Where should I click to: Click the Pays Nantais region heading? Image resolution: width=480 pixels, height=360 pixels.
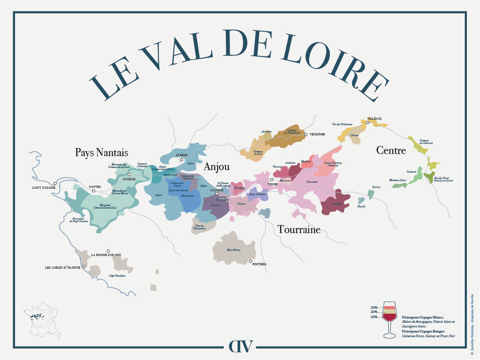(101, 152)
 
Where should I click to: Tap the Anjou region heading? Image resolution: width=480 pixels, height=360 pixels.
(217, 167)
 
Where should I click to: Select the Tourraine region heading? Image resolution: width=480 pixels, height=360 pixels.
(299, 230)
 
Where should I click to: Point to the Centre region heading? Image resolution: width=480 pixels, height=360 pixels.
(391, 150)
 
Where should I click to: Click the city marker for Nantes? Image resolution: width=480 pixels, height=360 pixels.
(94, 191)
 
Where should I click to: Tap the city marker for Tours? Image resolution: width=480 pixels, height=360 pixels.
(272, 180)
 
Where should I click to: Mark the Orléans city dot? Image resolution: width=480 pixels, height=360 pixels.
(368, 123)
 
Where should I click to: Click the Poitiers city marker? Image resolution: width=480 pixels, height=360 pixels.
(250, 261)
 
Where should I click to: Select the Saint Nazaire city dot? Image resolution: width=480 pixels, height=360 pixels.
(55, 184)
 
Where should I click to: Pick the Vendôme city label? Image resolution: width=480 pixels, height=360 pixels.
(317, 135)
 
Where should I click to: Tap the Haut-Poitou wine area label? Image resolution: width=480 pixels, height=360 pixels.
(233, 250)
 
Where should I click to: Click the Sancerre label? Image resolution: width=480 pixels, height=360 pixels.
(411, 172)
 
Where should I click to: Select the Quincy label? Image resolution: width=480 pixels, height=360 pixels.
(376, 187)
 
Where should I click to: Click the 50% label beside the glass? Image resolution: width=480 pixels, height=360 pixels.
(374, 317)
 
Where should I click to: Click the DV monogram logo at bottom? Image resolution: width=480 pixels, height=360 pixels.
(240, 346)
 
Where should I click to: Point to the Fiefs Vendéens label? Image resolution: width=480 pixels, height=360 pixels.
(117, 276)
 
